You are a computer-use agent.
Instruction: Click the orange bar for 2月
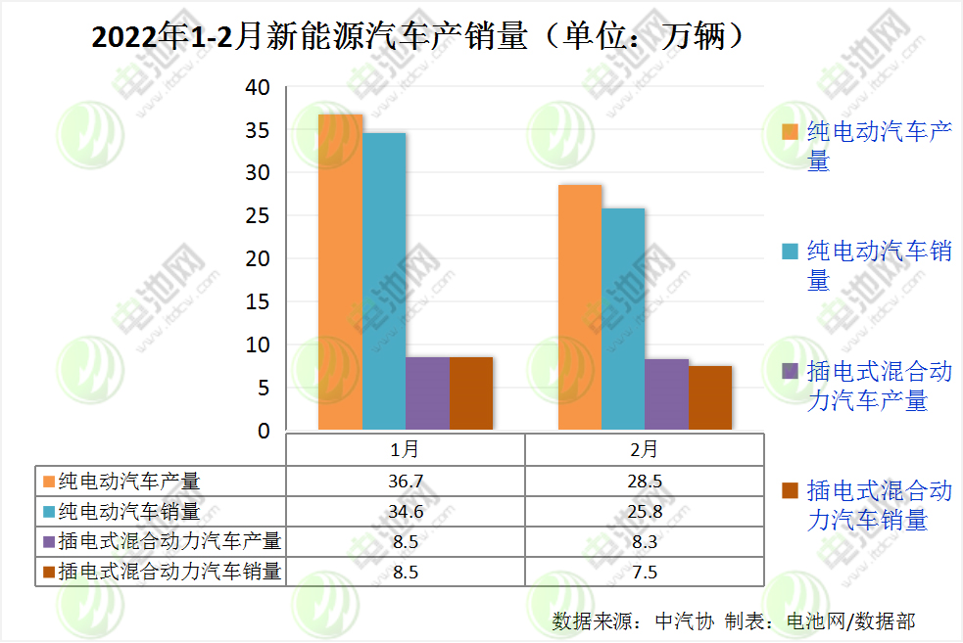pos(580,307)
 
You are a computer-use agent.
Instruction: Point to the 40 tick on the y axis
pos(257,87)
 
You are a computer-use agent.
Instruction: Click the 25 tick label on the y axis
pos(257,216)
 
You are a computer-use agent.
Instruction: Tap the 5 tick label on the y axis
pos(263,389)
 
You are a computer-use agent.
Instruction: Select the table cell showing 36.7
pos(405,482)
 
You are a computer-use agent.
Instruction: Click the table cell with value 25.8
pos(644,511)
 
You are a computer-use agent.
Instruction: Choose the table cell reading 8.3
pos(644,541)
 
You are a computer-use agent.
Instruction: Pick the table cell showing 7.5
pos(644,572)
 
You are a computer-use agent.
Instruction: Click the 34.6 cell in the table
pos(405,511)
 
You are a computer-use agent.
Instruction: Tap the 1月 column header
pos(405,450)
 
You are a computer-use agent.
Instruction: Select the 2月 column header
pos(644,450)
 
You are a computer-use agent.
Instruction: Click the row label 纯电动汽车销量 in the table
pos(128,511)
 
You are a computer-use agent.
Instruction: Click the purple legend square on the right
pos(789,371)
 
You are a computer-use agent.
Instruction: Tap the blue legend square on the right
pos(789,251)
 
